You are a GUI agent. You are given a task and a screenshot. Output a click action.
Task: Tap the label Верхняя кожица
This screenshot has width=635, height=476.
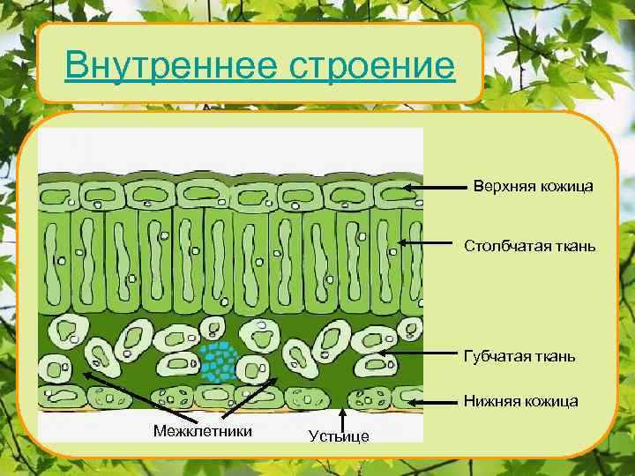coord(533,187)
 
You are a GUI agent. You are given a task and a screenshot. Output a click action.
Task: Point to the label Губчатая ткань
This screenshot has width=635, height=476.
coord(519,356)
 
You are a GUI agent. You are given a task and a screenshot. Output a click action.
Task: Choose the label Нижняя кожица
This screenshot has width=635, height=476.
coord(521,401)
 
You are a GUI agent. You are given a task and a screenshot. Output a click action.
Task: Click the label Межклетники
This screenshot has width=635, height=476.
coord(202,430)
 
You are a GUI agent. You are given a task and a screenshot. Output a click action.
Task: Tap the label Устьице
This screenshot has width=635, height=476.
coord(340,436)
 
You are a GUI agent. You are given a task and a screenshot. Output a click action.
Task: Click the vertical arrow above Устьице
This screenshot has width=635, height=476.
coord(341,419)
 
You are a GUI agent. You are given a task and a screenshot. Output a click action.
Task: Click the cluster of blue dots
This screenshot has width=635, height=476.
coord(217,360)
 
